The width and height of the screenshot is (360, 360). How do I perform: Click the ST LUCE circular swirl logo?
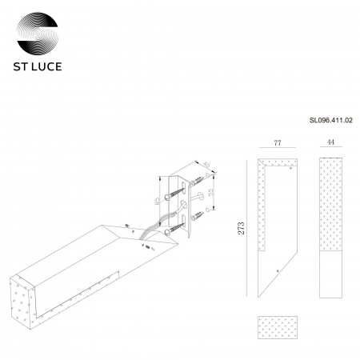[38, 27]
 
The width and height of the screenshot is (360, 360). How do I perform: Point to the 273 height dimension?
[242, 230]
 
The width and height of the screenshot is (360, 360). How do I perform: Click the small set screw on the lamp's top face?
[126, 226]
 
